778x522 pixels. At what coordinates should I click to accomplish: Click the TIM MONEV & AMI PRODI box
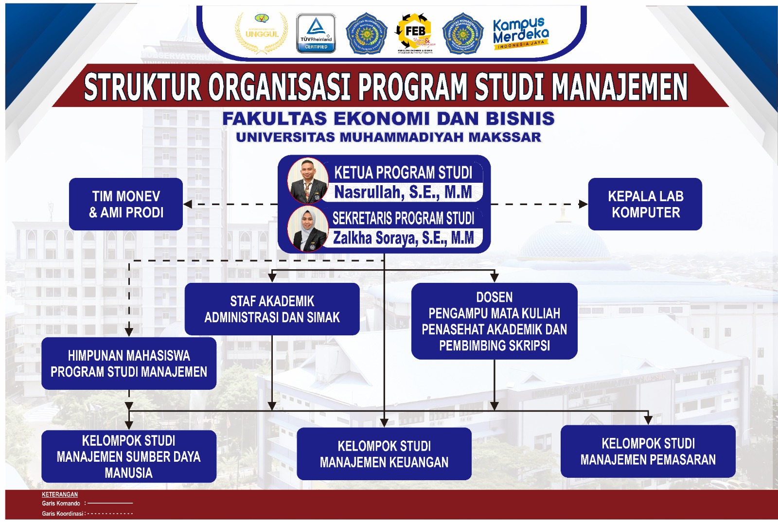(126, 204)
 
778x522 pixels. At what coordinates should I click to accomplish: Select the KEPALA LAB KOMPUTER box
(645, 204)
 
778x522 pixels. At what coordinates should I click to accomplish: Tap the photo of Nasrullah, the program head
(308, 180)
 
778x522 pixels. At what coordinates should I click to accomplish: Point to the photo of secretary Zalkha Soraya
(308, 228)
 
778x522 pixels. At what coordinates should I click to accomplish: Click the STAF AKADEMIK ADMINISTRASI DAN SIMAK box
(272, 309)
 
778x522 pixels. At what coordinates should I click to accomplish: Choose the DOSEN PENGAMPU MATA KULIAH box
(494, 321)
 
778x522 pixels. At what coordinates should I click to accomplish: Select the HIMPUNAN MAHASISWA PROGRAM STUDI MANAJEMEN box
(129, 364)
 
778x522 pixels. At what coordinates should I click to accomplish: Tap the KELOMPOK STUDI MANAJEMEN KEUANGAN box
(384, 454)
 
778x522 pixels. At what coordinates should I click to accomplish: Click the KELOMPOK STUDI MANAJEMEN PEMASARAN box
(648, 452)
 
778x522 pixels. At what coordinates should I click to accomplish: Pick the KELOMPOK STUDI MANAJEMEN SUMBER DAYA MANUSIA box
(129, 456)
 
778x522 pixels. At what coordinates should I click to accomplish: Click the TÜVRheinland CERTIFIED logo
(316, 34)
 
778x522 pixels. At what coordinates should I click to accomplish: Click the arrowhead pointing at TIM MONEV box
(188, 204)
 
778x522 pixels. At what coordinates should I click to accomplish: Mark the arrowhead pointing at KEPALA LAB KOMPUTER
(583, 204)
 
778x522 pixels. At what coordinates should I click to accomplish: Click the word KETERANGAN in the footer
(60, 494)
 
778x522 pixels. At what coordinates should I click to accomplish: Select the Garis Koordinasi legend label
(63, 513)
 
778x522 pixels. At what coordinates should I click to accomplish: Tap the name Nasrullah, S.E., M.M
(403, 192)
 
